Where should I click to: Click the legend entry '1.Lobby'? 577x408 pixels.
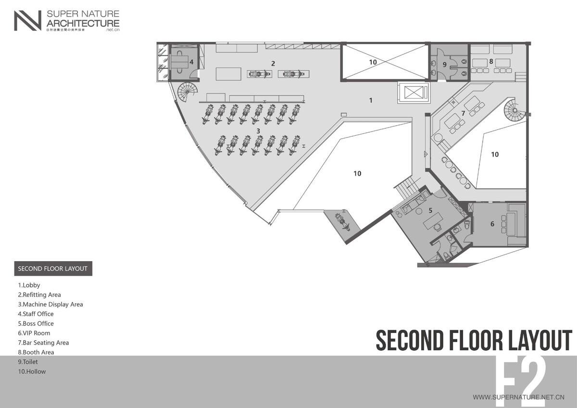click(29, 285)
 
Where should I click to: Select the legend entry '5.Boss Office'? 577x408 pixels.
click(36, 324)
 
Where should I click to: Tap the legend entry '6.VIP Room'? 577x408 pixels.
click(34, 333)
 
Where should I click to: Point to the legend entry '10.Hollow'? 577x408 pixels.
click(32, 371)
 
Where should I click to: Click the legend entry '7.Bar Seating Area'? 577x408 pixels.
click(43, 343)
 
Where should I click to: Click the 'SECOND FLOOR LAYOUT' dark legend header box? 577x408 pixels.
click(53, 269)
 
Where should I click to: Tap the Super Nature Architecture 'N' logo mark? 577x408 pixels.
click(27, 21)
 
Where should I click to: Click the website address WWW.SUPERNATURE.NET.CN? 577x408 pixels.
click(518, 397)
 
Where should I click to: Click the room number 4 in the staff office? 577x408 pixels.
click(191, 62)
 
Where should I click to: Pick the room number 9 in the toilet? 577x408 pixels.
click(444, 64)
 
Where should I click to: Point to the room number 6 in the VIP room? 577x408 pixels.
click(492, 224)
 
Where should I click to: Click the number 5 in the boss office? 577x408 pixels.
click(430, 210)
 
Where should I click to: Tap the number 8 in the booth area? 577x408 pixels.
click(491, 61)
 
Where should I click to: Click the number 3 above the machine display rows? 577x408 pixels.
click(258, 130)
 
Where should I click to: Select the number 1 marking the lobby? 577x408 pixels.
click(370, 101)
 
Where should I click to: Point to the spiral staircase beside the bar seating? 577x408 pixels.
click(514, 112)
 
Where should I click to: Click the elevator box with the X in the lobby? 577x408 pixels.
click(414, 92)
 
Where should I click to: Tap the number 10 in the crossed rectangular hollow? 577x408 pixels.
click(373, 62)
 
